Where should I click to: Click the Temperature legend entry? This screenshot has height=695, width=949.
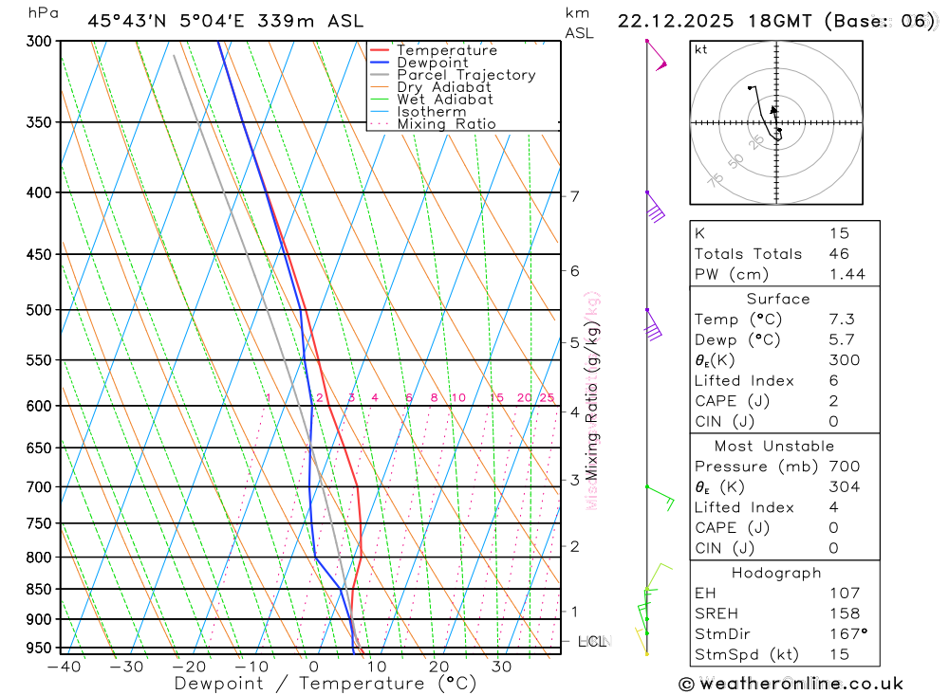coord(446,50)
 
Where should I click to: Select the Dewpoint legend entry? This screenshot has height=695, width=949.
coord(432,63)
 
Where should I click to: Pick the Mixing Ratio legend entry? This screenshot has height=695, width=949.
coord(446,124)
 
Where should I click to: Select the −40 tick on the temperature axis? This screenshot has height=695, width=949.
coord(64,667)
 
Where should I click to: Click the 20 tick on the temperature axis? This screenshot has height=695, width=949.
coord(438,667)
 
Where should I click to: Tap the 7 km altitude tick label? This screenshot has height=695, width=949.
coord(574,196)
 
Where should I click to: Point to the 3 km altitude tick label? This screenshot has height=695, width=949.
coord(574,480)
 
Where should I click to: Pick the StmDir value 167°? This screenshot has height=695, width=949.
coord(847,634)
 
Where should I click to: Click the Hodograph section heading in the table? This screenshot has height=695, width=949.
coord(777,573)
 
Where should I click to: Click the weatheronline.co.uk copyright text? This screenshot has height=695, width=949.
coord(791,684)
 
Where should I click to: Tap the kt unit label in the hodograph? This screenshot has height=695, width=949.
coord(701,49)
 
